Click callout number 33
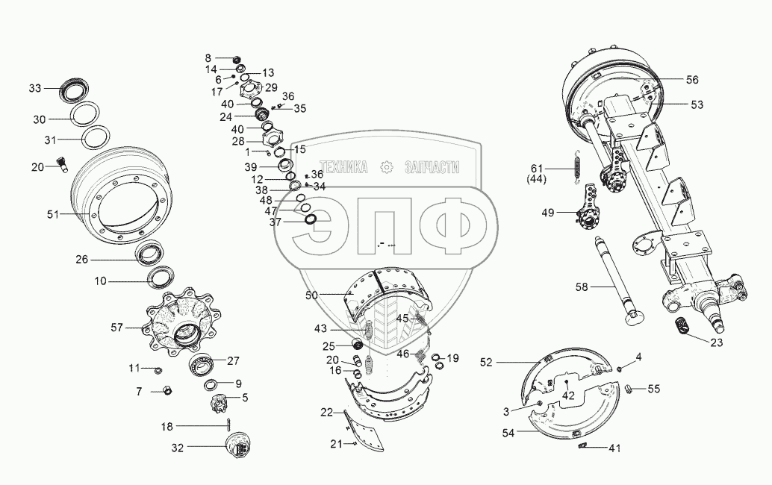35,89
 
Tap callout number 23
696,343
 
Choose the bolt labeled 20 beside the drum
61,165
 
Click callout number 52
487,362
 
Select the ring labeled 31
96,140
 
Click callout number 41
614,448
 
